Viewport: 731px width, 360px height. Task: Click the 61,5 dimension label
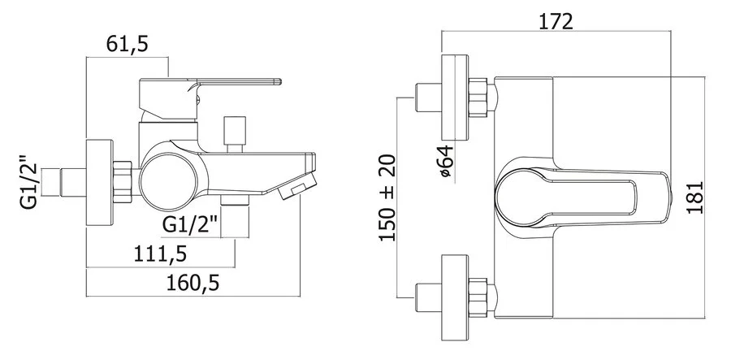(127, 44)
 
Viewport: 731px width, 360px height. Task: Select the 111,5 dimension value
(160, 254)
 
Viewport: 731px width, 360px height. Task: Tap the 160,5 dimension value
(193, 283)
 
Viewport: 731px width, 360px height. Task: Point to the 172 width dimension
(556, 21)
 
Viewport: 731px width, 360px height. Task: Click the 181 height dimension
(695, 197)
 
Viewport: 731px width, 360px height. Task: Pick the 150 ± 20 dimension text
(387, 197)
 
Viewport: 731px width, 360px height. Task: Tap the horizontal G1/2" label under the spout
(190, 225)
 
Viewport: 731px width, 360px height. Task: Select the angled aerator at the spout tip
(296, 186)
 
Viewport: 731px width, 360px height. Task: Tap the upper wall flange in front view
(455, 98)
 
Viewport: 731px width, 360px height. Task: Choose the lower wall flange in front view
(455, 297)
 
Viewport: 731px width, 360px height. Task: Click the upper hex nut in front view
(478, 98)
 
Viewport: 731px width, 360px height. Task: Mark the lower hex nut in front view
(478, 297)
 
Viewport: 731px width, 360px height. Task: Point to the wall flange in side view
(100, 182)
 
